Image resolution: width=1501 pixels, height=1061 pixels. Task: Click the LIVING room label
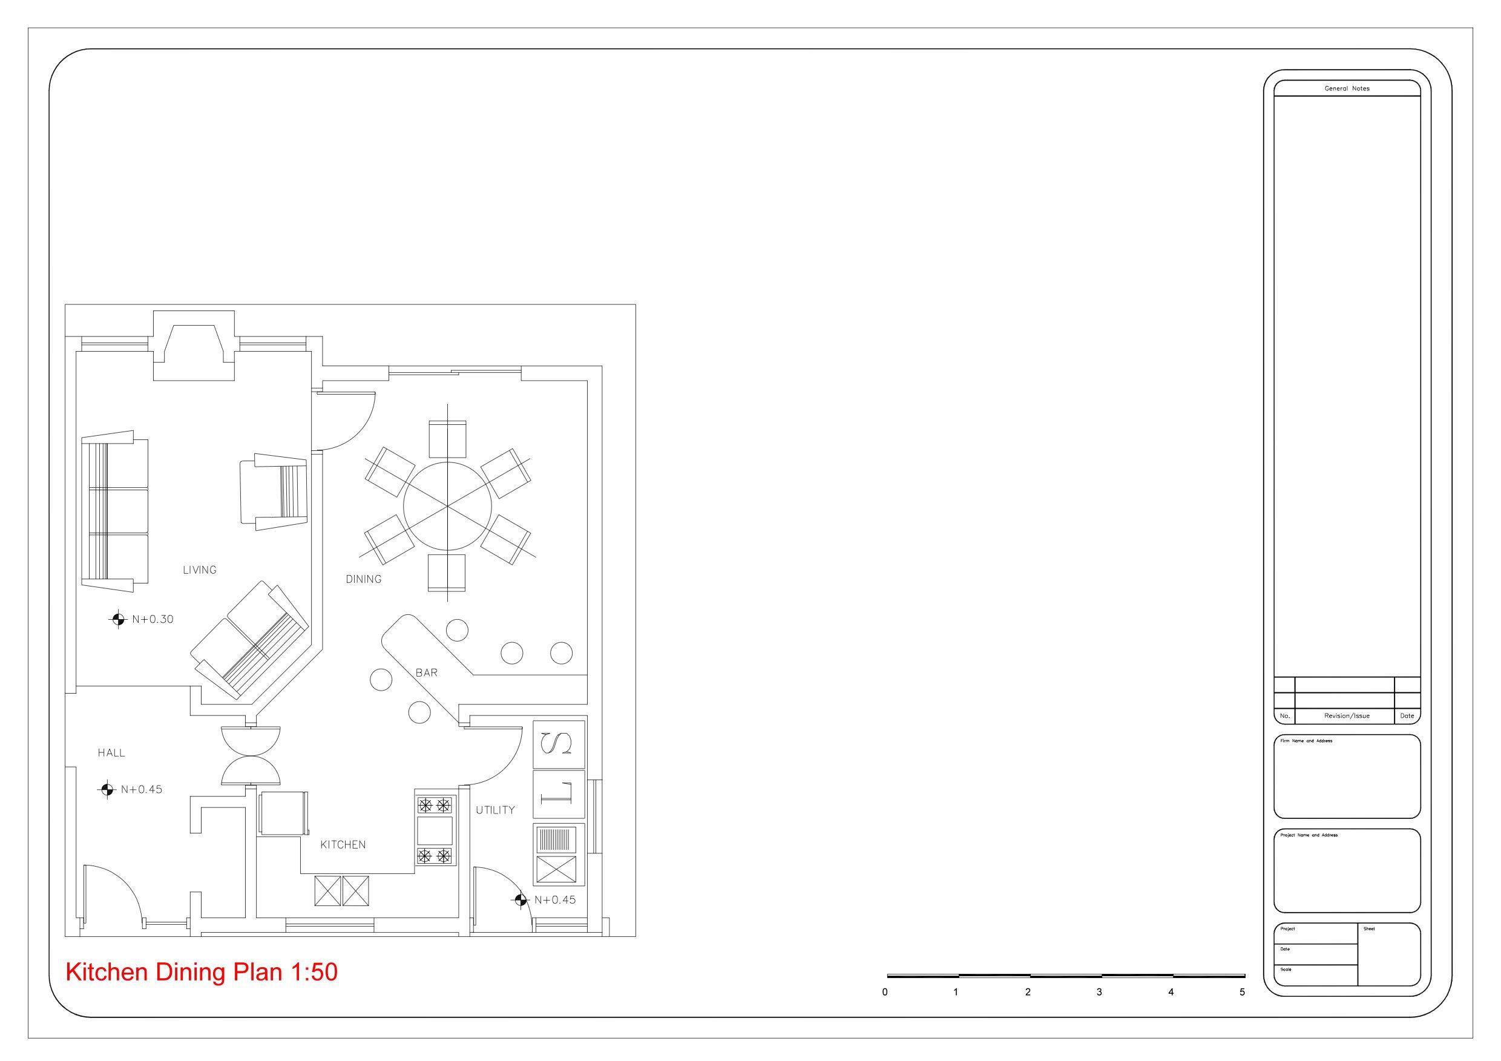pyautogui.click(x=199, y=570)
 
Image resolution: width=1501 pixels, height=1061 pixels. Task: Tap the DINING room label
pyautogui.click(x=364, y=579)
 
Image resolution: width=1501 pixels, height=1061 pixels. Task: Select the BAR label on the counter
pyautogui.click(x=426, y=672)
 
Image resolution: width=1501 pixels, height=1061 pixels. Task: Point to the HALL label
pyautogui.click(x=111, y=753)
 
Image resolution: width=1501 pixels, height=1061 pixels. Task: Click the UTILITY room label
pyautogui.click(x=495, y=810)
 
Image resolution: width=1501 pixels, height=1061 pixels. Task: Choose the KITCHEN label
pyautogui.click(x=343, y=844)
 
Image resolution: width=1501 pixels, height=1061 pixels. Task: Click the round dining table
pyautogui.click(x=448, y=506)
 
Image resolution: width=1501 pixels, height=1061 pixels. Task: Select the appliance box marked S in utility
pyautogui.click(x=559, y=744)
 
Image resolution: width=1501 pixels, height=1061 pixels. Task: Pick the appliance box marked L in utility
pyautogui.click(x=559, y=793)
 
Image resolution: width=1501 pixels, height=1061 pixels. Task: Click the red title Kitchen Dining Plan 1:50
pyautogui.click(x=202, y=972)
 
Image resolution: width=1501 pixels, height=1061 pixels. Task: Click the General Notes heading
pyautogui.click(x=1347, y=88)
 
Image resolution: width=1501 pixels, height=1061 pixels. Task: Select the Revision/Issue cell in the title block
pyautogui.click(x=1347, y=716)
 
